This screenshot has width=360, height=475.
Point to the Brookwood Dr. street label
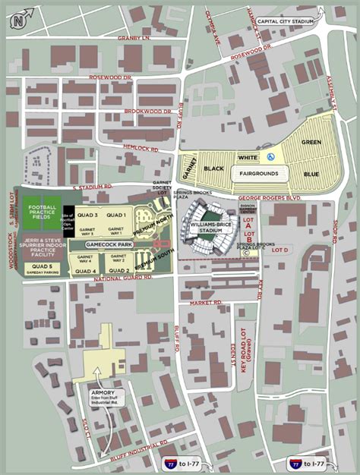click(x=148, y=111)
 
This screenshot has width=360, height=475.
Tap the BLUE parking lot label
click(x=311, y=173)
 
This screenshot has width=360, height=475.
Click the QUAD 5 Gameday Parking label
click(x=43, y=269)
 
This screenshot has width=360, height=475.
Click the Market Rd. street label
click(x=206, y=302)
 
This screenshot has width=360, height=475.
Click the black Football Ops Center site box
click(x=68, y=215)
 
